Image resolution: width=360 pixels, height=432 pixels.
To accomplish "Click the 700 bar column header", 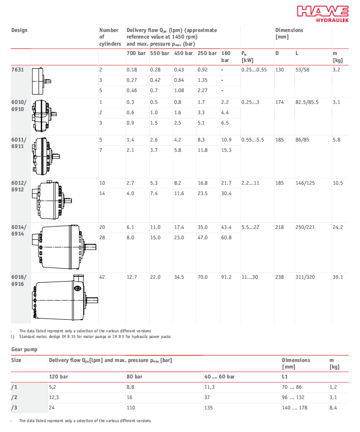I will [x=136, y=53].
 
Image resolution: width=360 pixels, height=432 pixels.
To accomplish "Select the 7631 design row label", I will [x=17, y=70].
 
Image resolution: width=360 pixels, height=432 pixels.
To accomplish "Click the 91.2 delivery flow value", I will [x=226, y=277].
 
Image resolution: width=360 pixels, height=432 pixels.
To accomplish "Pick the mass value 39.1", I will [x=337, y=277].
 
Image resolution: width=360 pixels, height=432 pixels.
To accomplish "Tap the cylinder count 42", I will [x=102, y=277].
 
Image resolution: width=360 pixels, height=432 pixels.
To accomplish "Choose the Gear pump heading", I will [x=24, y=349].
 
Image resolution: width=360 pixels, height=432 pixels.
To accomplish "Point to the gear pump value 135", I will [x=209, y=408].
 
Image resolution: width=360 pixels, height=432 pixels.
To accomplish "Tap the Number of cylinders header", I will [x=110, y=37].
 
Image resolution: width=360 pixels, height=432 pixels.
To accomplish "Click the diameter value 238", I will [x=280, y=277].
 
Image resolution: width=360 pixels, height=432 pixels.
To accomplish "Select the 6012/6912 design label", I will [x=19, y=186].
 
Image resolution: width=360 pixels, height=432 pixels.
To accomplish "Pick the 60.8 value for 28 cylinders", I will [x=226, y=237].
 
